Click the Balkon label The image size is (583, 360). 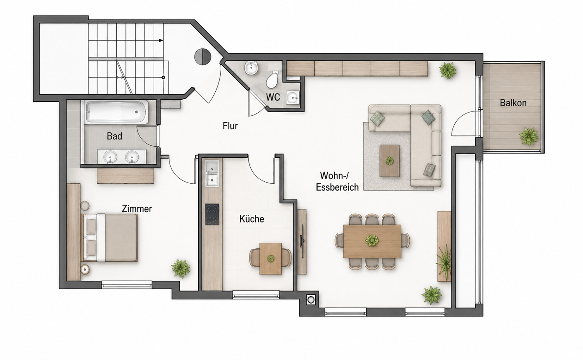click(x=513, y=103)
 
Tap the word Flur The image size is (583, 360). click(x=230, y=126)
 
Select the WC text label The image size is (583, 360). click(x=273, y=97)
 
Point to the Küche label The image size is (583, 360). click(x=252, y=219)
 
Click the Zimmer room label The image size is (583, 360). click(x=137, y=209)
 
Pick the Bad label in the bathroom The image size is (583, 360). click(x=115, y=136)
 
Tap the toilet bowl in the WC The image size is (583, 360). click(x=272, y=79)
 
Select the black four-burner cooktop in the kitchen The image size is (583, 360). click(x=212, y=214)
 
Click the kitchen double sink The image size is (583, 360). click(x=212, y=173)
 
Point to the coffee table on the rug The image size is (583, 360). click(x=389, y=161)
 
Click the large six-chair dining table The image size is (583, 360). click(x=372, y=241)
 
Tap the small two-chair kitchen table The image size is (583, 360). click(x=271, y=259)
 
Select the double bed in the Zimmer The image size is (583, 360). click(x=109, y=238)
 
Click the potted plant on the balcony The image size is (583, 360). click(x=528, y=136)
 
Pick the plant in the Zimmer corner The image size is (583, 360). click(x=181, y=268)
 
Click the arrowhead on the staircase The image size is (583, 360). click(x=161, y=40)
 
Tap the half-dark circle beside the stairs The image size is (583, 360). click(x=202, y=56)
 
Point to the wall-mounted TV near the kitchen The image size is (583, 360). click(x=302, y=242)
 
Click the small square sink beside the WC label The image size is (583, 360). click(x=293, y=97)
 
